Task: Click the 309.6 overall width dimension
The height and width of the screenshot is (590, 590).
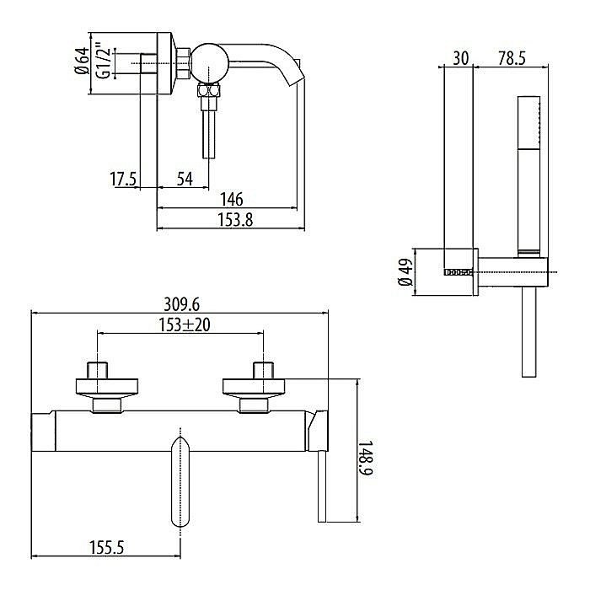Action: pos(182,304)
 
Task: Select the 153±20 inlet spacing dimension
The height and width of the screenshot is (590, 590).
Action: pos(184,324)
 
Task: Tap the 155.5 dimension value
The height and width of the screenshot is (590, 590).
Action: pos(106,547)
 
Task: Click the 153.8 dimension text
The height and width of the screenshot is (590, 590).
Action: pos(235,220)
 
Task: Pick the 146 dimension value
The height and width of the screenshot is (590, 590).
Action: pos(232,199)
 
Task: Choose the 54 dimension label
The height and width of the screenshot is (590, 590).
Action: pos(185,179)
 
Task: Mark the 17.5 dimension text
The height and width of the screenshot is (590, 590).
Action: pos(123,179)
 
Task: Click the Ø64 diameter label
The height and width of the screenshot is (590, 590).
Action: pos(82,61)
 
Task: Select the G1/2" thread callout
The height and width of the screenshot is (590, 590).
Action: pos(104,61)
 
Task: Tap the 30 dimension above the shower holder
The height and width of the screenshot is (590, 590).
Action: pos(460,59)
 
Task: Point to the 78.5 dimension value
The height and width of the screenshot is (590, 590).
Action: pos(512,59)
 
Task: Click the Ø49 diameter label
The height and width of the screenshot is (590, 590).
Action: pos(407,271)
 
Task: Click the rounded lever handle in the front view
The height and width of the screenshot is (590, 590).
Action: pos(180,481)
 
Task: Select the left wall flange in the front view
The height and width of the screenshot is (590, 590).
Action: pos(107,387)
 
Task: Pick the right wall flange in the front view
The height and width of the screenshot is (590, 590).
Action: pos(254,387)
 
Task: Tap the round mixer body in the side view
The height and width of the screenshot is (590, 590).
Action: pos(209,62)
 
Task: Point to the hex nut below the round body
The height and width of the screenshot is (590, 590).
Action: pos(209,91)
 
